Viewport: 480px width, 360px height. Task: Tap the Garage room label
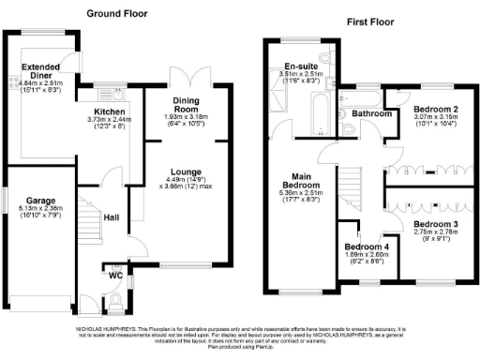coord(42,200)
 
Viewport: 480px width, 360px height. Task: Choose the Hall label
coord(111,217)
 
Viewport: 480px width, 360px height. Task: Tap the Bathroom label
coord(371,112)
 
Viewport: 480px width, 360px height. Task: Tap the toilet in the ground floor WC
coord(113,301)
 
